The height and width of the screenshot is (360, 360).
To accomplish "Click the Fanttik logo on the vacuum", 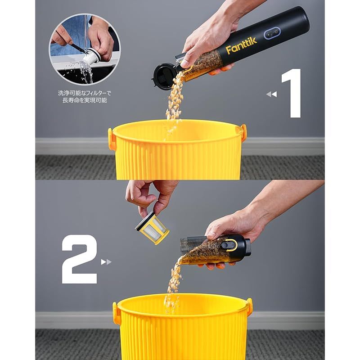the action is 241,46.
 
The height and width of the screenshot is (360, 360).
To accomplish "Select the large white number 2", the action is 80,259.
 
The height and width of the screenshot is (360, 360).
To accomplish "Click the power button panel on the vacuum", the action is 272,33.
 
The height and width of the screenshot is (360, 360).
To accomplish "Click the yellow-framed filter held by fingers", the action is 152,228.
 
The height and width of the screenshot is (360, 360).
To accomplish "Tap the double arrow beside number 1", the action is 272,94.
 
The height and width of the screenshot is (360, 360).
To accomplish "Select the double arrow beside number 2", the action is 106,262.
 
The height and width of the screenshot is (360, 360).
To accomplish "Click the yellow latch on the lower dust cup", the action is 229,245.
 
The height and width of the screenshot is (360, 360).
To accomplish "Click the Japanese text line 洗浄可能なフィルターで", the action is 85,93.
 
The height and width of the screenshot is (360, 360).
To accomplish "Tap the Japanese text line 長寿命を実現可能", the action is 85,100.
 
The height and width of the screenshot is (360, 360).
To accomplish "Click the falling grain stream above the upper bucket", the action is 174,101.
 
